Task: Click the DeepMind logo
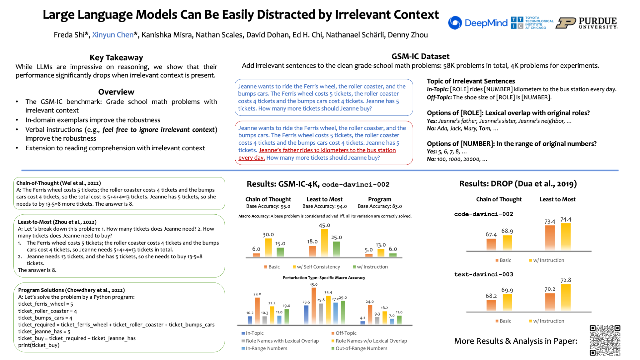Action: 477,23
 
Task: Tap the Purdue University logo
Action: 587,23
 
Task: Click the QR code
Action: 605,340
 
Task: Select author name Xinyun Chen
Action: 113,35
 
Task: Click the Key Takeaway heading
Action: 116,57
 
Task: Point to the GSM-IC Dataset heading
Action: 420,56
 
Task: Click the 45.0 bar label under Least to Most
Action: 324,225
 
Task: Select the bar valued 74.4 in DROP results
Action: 566,237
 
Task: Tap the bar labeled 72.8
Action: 566,297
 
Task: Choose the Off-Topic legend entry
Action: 346,333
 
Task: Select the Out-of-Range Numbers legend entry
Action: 361,348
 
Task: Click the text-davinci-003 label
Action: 483,274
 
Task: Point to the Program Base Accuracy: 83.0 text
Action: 380,206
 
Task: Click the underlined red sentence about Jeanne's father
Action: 327,150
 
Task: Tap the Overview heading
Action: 116,92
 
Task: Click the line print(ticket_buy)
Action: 39,345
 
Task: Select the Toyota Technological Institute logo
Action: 532,23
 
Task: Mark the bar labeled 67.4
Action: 491,244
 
